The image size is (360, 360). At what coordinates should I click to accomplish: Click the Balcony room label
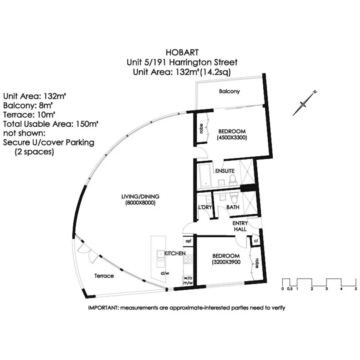click(229, 92)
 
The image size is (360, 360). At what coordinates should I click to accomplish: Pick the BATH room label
click(233, 207)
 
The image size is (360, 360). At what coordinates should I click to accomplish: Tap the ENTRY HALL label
click(239, 226)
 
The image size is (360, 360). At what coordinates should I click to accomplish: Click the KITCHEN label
click(175, 253)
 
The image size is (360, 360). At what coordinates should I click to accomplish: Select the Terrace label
click(104, 276)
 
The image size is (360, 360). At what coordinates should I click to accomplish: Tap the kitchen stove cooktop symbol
click(188, 260)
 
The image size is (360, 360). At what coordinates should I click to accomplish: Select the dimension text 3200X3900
click(226, 262)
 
